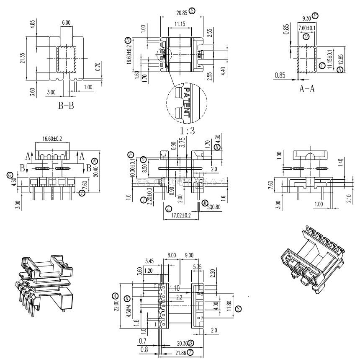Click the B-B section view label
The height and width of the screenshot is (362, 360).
(x=66, y=105)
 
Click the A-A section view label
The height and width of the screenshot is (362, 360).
(x=307, y=89)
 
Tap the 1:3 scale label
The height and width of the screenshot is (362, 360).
(x=187, y=130)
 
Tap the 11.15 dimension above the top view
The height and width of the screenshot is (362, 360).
(x=180, y=24)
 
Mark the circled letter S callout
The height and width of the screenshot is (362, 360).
(x=238, y=309)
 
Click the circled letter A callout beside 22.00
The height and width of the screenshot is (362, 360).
(x=115, y=296)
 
